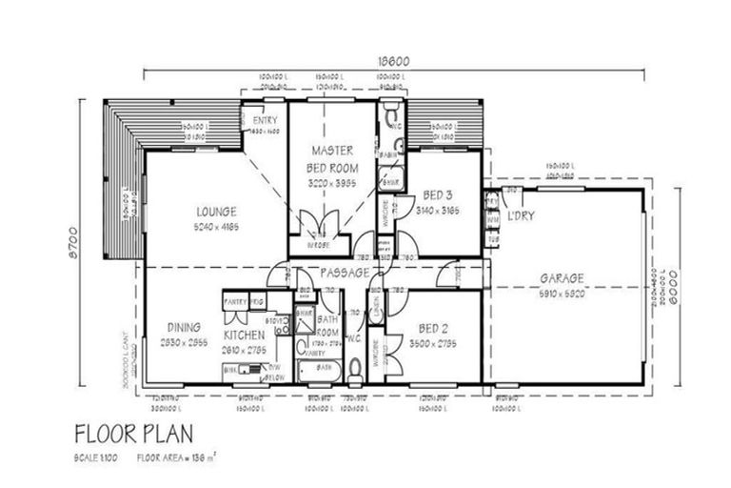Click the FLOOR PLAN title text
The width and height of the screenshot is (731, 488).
[x=133, y=433]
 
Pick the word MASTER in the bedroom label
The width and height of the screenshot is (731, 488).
[x=331, y=151]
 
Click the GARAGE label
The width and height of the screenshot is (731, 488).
[x=562, y=279]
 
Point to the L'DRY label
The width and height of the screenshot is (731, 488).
[x=521, y=216]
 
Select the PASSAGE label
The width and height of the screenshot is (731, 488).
[x=343, y=274]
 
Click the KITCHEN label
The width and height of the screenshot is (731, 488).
[x=244, y=335]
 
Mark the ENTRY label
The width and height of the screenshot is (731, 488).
[x=265, y=120]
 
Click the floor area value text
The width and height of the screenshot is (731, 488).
[x=175, y=458]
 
